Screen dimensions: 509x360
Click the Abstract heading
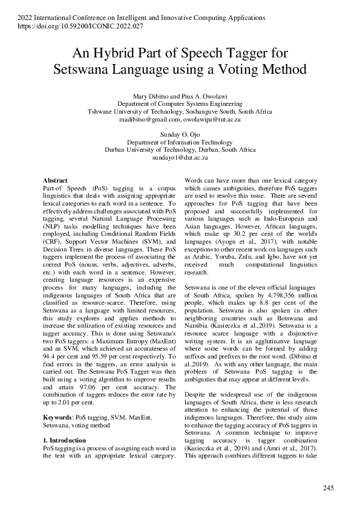pyautogui.click(x=56, y=181)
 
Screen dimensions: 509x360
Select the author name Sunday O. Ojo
pyautogui.click(x=180, y=132)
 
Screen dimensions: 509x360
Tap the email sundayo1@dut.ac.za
pyautogui.click(x=180, y=157)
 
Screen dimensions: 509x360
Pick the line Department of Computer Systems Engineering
pyautogui.click(x=180, y=104)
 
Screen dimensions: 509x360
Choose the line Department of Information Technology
pyautogui.click(x=180, y=141)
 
